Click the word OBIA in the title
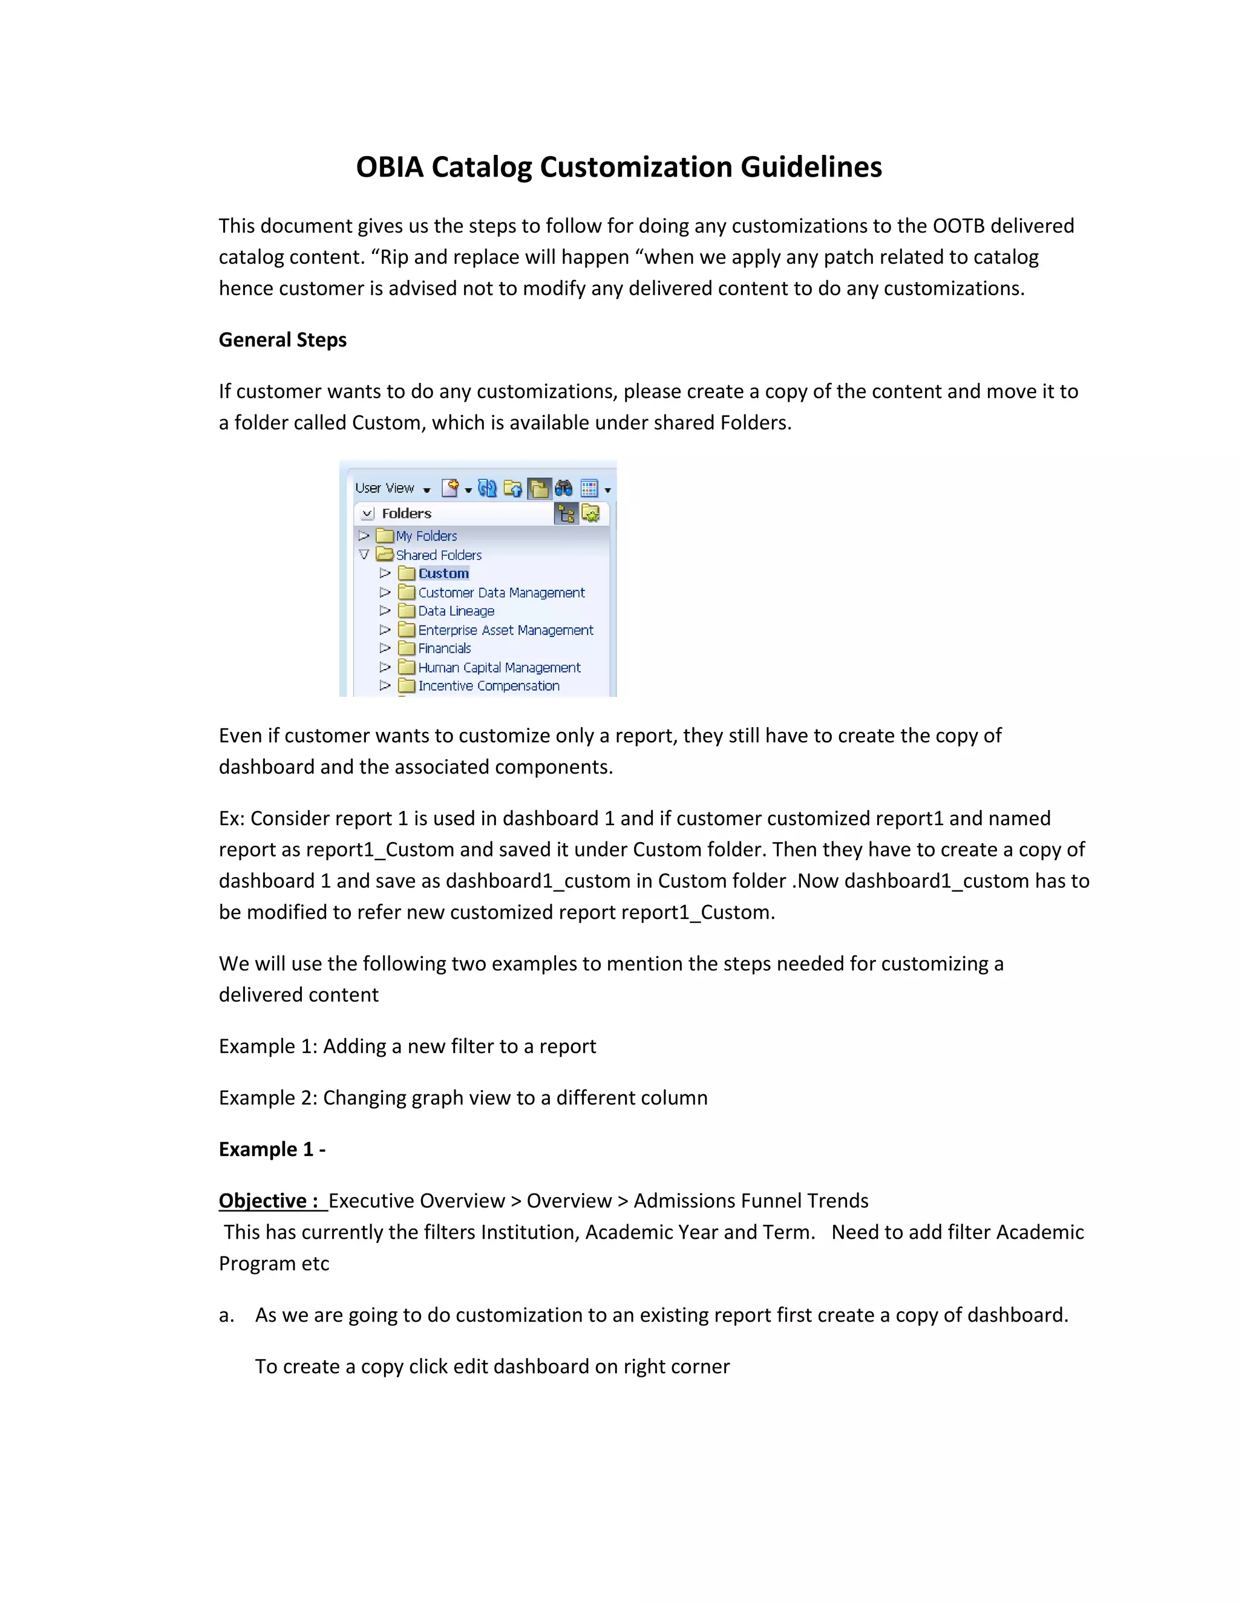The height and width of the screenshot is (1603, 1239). tap(390, 168)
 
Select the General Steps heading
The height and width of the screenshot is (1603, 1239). tap(283, 340)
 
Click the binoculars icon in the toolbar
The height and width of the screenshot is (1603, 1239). tap(563, 488)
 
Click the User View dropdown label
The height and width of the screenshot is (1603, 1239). tap(385, 488)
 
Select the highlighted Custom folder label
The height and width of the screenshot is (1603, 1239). tap(443, 573)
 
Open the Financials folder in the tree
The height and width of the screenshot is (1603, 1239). tap(444, 648)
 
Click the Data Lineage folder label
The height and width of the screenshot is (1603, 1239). tap(456, 611)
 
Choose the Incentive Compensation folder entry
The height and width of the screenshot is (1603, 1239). tap(488, 685)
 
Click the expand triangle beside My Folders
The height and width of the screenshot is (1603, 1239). tap(364, 536)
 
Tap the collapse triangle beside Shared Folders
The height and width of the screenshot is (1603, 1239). tap(364, 555)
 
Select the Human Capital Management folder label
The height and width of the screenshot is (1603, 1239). tap(499, 667)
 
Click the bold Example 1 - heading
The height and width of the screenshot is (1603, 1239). tap(272, 1149)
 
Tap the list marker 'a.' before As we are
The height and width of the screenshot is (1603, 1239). tap(226, 1315)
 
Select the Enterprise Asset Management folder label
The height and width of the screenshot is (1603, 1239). tap(505, 630)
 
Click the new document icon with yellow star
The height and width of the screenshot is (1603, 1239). tap(450, 488)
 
